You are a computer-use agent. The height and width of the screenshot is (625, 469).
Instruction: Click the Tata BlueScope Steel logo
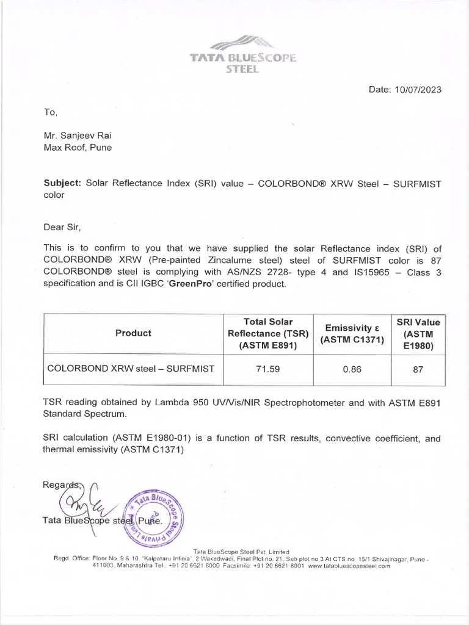tap(242, 55)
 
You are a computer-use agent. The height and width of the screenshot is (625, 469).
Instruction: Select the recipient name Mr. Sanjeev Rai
tap(77, 136)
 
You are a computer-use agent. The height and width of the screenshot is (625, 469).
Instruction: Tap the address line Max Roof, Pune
tap(77, 147)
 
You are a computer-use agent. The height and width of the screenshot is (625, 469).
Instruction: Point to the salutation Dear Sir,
tap(62, 228)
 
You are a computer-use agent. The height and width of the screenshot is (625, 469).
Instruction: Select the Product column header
tap(133, 333)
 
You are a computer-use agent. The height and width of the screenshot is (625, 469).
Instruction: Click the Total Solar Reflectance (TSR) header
tap(268, 333)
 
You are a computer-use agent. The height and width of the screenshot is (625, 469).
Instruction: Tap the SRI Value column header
tap(418, 333)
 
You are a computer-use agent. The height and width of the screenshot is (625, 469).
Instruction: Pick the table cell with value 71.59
tap(268, 369)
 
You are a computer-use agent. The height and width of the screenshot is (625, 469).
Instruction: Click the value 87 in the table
tap(418, 369)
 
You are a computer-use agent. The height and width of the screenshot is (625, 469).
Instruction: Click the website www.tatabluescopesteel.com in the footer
tap(349, 566)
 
